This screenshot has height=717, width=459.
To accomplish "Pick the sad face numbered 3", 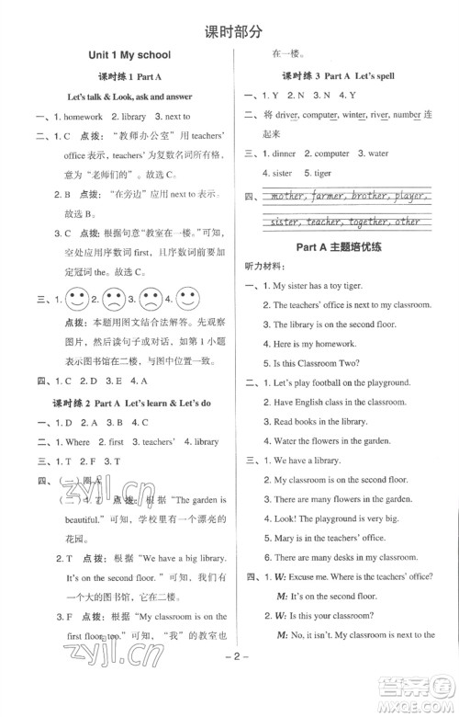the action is (151, 299).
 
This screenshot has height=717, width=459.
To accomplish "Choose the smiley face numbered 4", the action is (187, 299).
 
